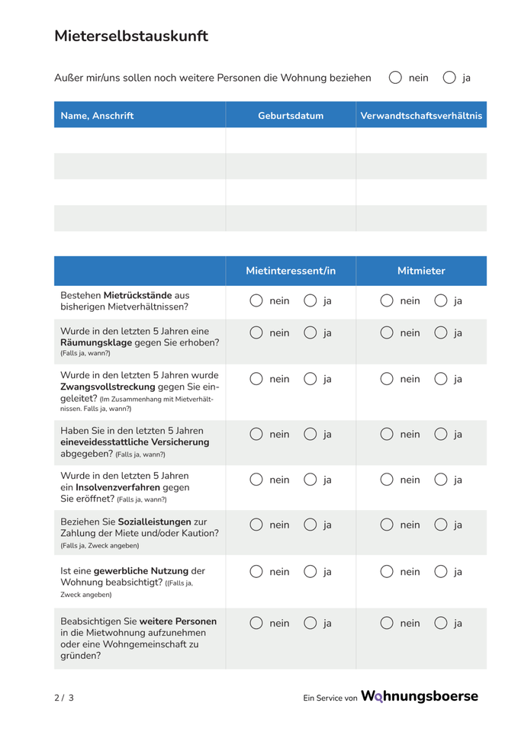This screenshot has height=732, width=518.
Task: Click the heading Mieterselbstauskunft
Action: tap(130, 36)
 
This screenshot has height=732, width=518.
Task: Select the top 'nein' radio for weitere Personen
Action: tap(395, 78)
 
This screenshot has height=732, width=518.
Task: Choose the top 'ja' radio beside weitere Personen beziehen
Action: tap(449, 78)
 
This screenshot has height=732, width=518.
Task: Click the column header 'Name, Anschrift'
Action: tap(97, 116)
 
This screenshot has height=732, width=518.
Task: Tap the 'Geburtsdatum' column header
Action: tap(291, 116)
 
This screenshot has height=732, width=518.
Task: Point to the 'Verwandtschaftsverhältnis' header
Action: tap(421, 116)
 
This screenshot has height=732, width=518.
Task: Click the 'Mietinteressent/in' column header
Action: tap(291, 271)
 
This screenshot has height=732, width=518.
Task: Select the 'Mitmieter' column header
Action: tap(421, 271)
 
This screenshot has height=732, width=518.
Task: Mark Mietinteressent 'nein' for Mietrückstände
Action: tap(256, 301)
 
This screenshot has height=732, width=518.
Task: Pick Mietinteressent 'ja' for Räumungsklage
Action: tap(310, 333)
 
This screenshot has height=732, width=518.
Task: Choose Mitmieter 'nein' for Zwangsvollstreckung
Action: tap(388, 379)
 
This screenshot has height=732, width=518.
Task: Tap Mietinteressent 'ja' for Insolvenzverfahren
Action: tap(310, 480)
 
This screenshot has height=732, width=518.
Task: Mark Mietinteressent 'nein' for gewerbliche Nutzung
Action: tap(256, 571)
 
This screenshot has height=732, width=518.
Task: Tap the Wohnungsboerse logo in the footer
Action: tap(419, 696)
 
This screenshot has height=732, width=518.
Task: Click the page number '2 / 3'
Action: tap(64, 698)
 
